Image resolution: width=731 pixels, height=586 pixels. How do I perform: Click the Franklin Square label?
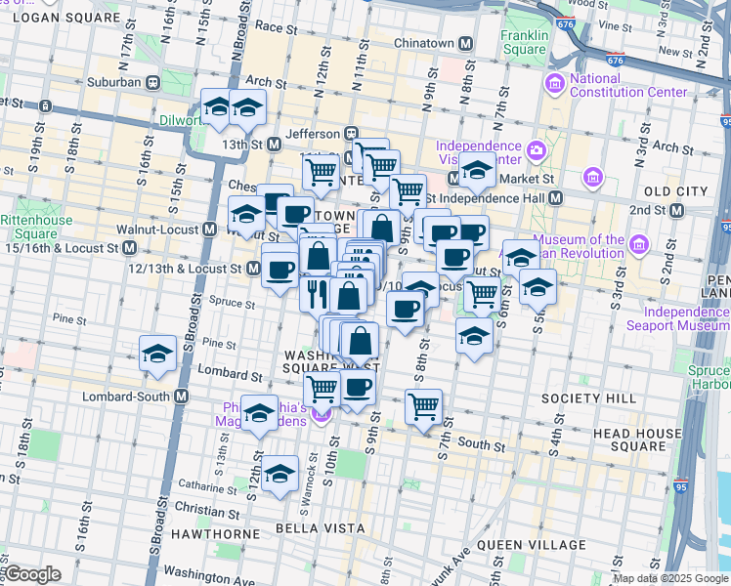click(524, 42)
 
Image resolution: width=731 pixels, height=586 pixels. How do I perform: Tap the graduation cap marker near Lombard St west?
click(156, 356)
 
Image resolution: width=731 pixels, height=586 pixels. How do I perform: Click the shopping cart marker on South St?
click(423, 405)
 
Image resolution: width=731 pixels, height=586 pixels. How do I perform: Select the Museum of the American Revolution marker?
click(639, 242)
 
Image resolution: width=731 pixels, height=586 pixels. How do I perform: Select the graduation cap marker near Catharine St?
click(279, 476)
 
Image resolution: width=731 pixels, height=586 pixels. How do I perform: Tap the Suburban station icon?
click(153, 82)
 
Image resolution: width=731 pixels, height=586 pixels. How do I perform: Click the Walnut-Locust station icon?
click(209, 230)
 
